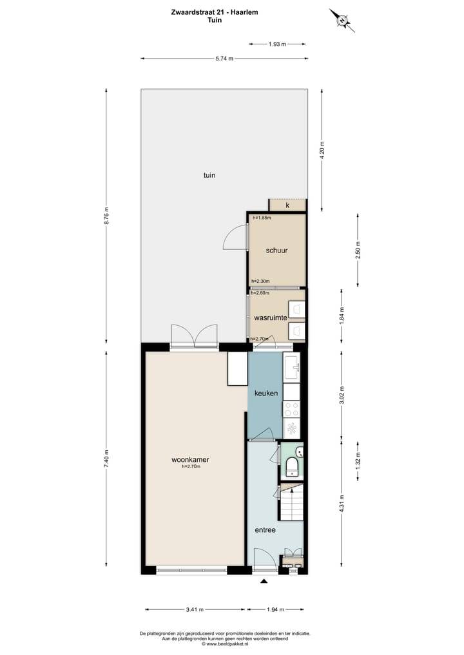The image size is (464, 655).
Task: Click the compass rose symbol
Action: pos(342,19)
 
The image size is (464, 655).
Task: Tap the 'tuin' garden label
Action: pos(209,175)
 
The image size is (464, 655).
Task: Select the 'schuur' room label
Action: pos(276,251)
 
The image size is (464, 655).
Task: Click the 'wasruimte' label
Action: pos(270,318)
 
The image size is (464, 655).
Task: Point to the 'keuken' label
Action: pos(266,393)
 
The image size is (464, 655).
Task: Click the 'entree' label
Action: pos(265,530)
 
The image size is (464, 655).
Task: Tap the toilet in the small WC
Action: pos(291,466)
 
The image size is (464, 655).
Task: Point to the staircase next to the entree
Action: pos(291,503)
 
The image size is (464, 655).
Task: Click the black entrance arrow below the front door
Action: pos(263,582)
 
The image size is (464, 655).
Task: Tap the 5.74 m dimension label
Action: pos(224,59)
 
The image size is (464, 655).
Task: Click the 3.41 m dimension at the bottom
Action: pos(195,609)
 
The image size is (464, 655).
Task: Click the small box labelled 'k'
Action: pos(287,205)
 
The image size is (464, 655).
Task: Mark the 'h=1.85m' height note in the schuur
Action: pos(262,218)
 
